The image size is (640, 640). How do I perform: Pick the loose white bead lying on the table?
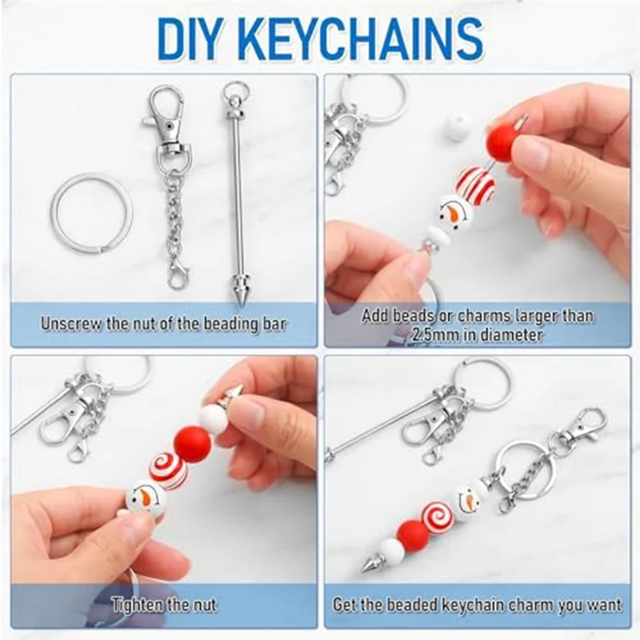pyautogui.click(x=458, y=126)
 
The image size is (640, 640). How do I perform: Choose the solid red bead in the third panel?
pyautogui.click(x=192, y=444)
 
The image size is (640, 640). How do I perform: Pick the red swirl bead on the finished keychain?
pyautogui.click(x=438, y=518)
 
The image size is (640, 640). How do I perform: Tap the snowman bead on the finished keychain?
pyautogui.click(x=467, y=499)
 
